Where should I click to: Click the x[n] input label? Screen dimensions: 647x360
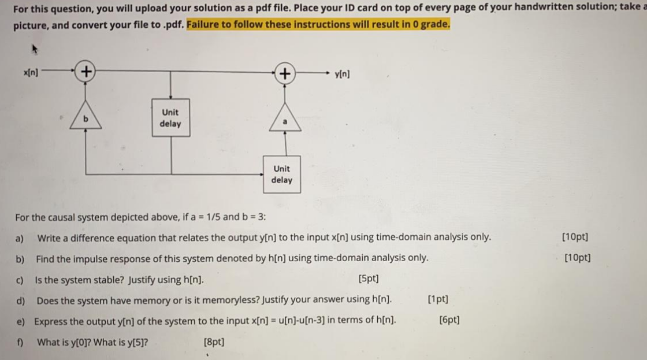[x=31, y=73]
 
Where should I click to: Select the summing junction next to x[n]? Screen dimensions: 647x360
[x=85, y=72]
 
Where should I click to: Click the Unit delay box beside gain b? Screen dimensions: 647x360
[x=170, y=118]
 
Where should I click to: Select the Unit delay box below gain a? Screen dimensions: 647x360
[x=282, y=174]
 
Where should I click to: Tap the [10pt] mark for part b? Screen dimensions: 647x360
[x=577, y=258]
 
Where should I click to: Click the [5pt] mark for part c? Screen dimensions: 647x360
[x=369, y=279]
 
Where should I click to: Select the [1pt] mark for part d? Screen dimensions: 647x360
[x=438, y=299]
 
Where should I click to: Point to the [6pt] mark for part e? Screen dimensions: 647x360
[x=449, y=320]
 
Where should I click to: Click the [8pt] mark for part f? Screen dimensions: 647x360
[x=214, y=342]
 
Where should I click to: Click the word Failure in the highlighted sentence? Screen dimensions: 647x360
[x=203, y=25]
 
